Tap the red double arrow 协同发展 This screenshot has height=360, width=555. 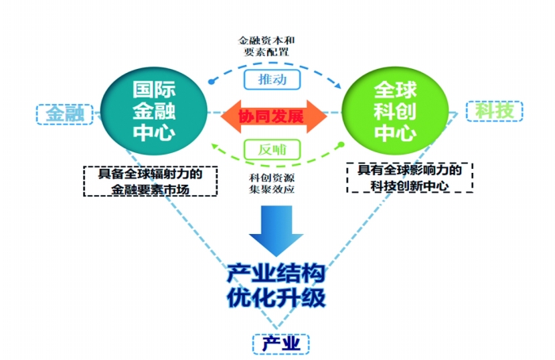coord(274,116)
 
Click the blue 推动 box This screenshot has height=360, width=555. coord(273,79)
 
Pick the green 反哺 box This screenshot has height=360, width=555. coord(273,149)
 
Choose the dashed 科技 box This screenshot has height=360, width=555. coord(493,111)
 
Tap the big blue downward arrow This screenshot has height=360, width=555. coord(276,229)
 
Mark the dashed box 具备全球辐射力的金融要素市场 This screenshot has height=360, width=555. coord(151,181)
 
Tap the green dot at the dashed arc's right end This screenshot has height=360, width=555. coord(341,145)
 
